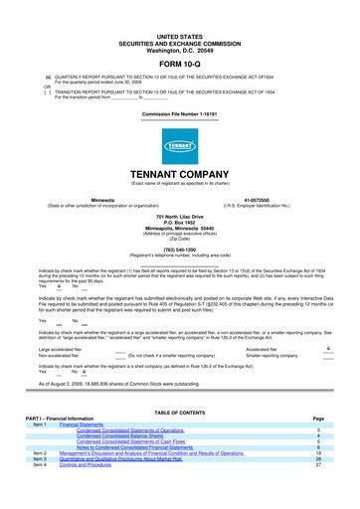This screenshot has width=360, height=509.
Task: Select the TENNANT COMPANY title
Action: tap(179, 170)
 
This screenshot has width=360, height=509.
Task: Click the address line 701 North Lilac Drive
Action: tap(179, 216)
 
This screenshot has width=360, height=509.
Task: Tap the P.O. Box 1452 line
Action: tap(179, 222)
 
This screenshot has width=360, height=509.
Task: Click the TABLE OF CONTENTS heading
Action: tap(179, 439)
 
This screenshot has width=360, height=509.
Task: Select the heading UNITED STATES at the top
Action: tap(179, 6)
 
